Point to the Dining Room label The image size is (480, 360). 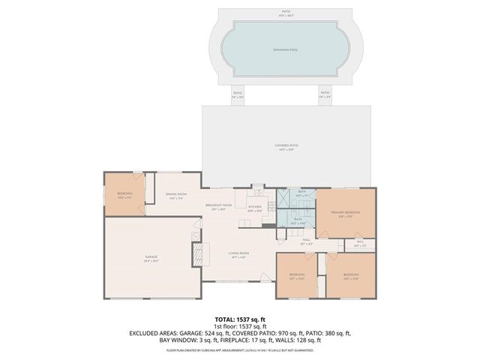pyautogui.click(x=176, y=196)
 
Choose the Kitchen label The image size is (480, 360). pyautogui.click(x=255, y=208)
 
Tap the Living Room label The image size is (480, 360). pyautogui.click(x=239, y=255)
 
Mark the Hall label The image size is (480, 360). pyautogui.click(x=307, y=241)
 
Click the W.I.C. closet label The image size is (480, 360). pyautogui.click(x=360, y=243)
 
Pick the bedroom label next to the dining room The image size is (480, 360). pyautogui.click(x=124, y=196)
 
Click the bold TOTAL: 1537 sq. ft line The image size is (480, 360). pyautogui.click(x=239, y=319)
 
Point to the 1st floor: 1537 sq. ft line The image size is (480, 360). pyautogui.click(x=239, y=326)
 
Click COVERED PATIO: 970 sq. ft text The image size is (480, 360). pyautogui.click(x=268, y=333)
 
